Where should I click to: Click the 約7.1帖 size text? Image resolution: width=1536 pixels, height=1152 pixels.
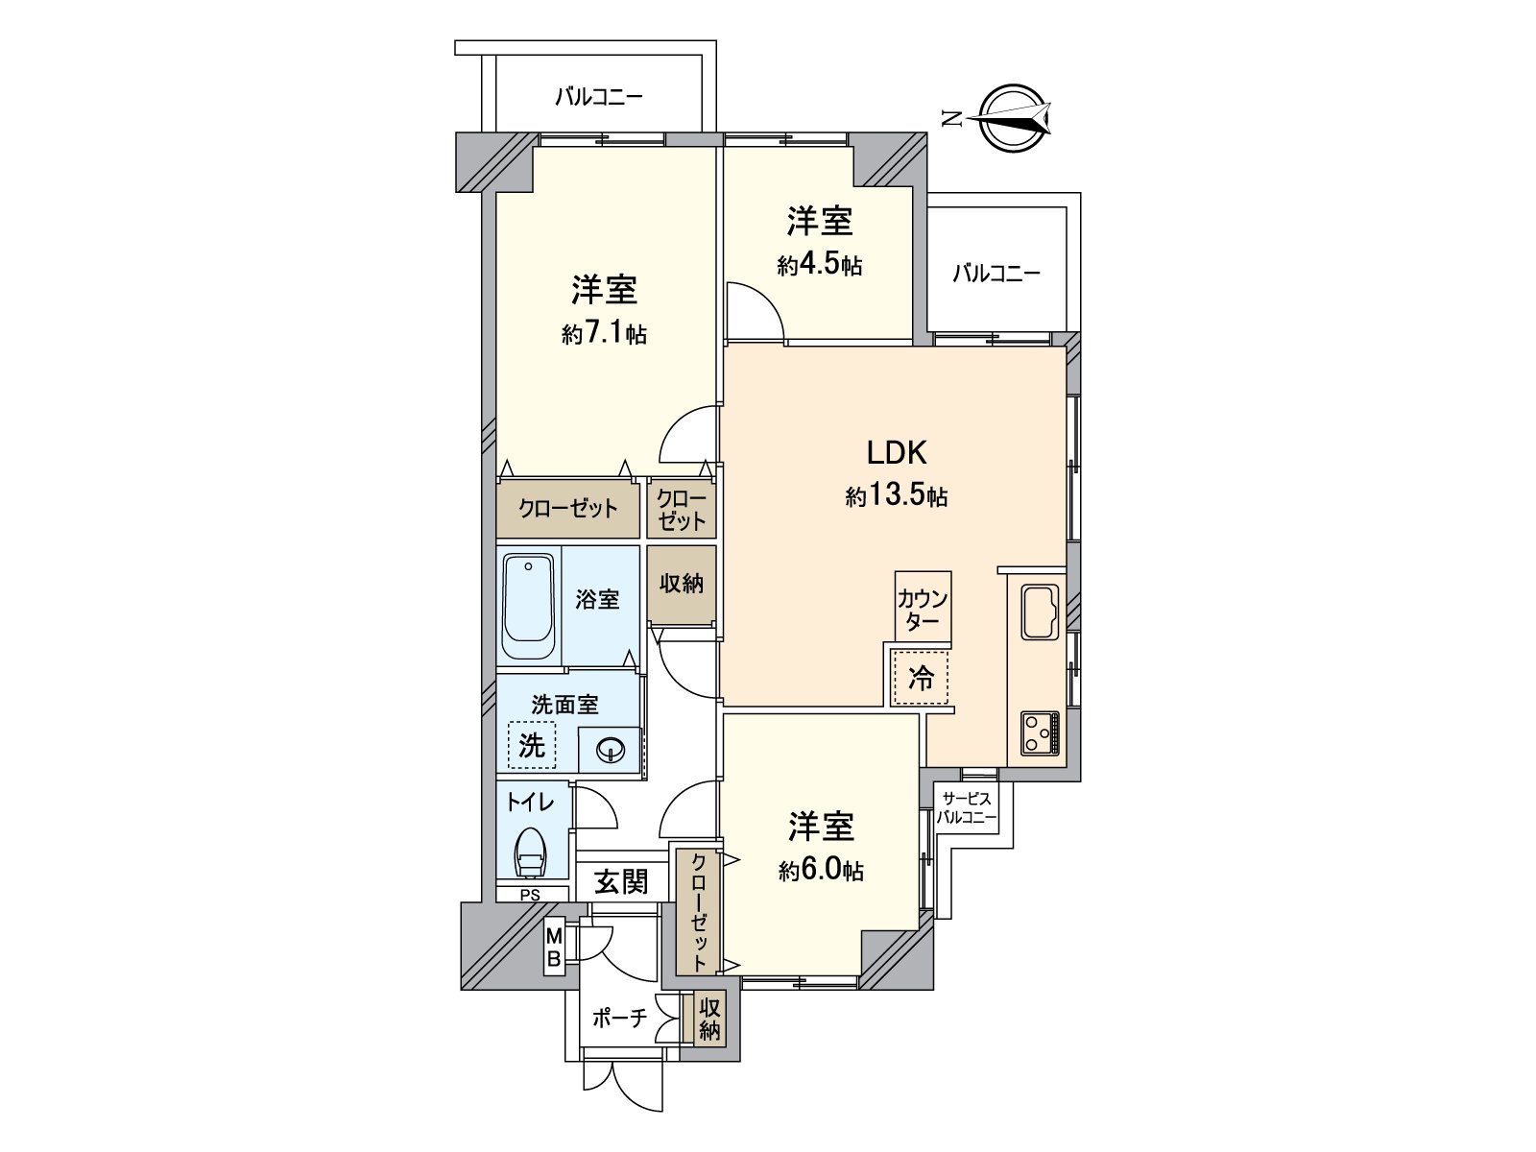tap(604, 334)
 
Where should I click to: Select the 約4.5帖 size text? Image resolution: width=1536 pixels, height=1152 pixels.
tap(819, 265)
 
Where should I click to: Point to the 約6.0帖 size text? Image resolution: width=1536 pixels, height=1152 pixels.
tap(821, 870)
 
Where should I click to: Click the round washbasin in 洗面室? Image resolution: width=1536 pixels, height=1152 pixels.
tap(609, 750)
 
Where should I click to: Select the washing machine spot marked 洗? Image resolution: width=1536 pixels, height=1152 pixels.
tap(531, 744)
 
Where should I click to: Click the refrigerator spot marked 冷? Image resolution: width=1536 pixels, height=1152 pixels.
tap(921, 679)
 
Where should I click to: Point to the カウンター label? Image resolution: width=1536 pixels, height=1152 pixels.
tap(923, 610)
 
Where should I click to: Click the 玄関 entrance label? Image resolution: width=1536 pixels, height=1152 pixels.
tap(620, 881)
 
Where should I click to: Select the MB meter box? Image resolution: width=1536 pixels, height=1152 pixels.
tap(554, 948)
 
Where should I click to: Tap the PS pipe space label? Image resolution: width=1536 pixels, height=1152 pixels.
tap(530, 895)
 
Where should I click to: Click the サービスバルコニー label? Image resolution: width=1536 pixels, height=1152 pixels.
tap(966, 808)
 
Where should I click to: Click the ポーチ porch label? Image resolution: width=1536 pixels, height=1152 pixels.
tap(619, 1020)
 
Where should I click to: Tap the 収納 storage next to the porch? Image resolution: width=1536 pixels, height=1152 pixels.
tap(709, 1020)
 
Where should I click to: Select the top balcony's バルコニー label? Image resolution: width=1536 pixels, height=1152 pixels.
tap(598, 97)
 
